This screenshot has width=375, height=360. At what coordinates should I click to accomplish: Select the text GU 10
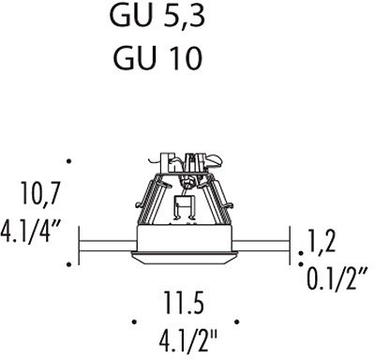click(157, 58)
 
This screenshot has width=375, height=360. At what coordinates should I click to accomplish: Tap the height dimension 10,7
click(39, 194)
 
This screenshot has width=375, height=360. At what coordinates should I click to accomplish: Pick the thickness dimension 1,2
click(322, 241)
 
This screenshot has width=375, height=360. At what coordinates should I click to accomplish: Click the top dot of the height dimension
click(69, 161)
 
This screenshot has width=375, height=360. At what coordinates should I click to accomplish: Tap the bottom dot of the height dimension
click(69, 264)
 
